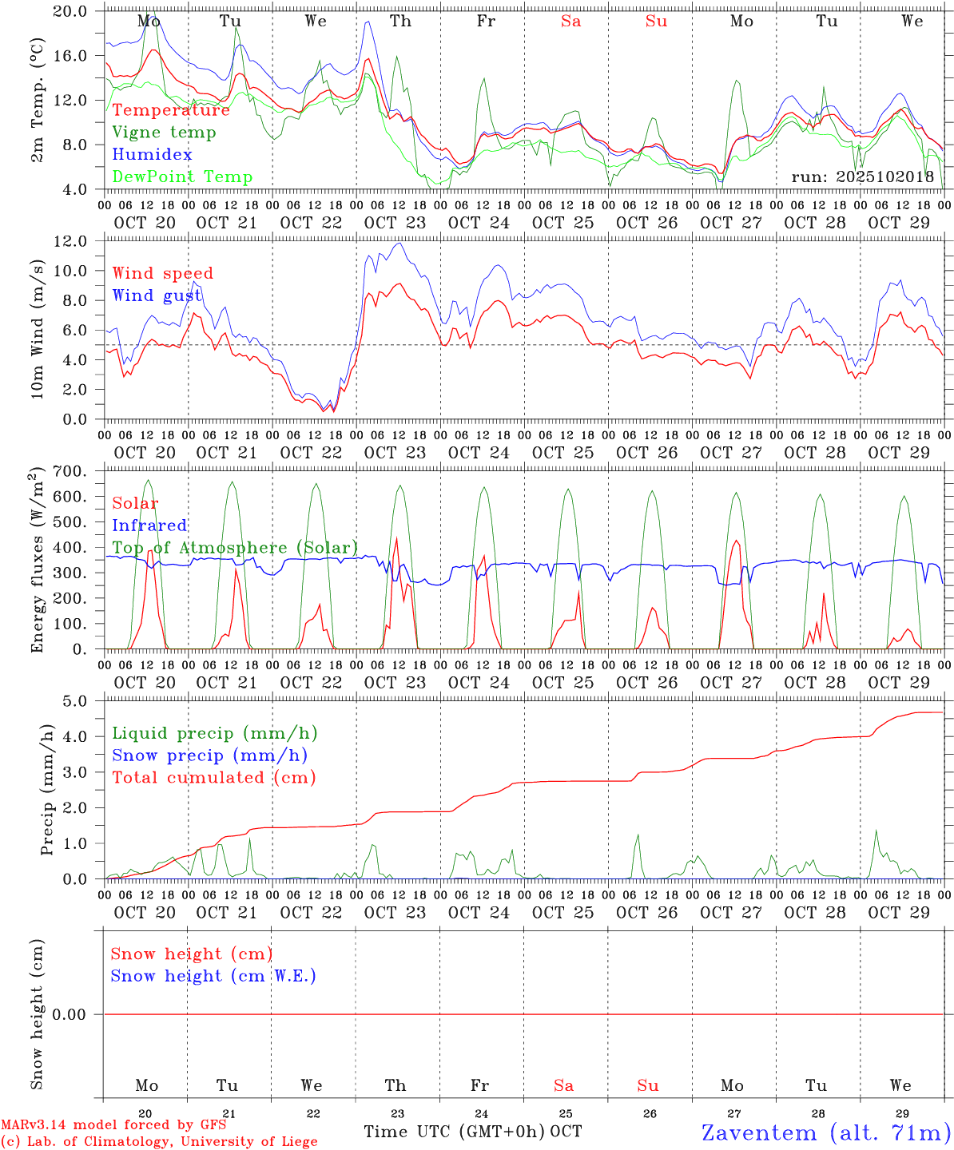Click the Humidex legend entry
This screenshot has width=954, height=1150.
[x=152, y=155]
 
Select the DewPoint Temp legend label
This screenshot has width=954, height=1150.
[x=182, y=177]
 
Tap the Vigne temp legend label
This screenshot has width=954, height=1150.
[x=164, y=133]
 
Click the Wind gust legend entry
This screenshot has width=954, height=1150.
[x=157, y=295]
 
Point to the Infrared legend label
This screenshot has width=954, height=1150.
[x=149, y=525]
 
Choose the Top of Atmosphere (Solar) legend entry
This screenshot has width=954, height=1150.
[x=234, y=548]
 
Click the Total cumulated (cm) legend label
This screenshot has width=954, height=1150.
[x=213, y=778]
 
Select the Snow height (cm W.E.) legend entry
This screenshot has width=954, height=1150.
[x=213, y=976]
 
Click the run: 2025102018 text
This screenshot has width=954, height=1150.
[x=862, y=177]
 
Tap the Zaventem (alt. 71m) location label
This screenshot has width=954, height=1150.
[x=825, y=1132]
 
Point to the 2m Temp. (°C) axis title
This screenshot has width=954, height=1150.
[x=38, y=100]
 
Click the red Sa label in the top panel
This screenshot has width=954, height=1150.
[x=570, y=22]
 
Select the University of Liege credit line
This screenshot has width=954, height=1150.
[x=159, y=1142]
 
